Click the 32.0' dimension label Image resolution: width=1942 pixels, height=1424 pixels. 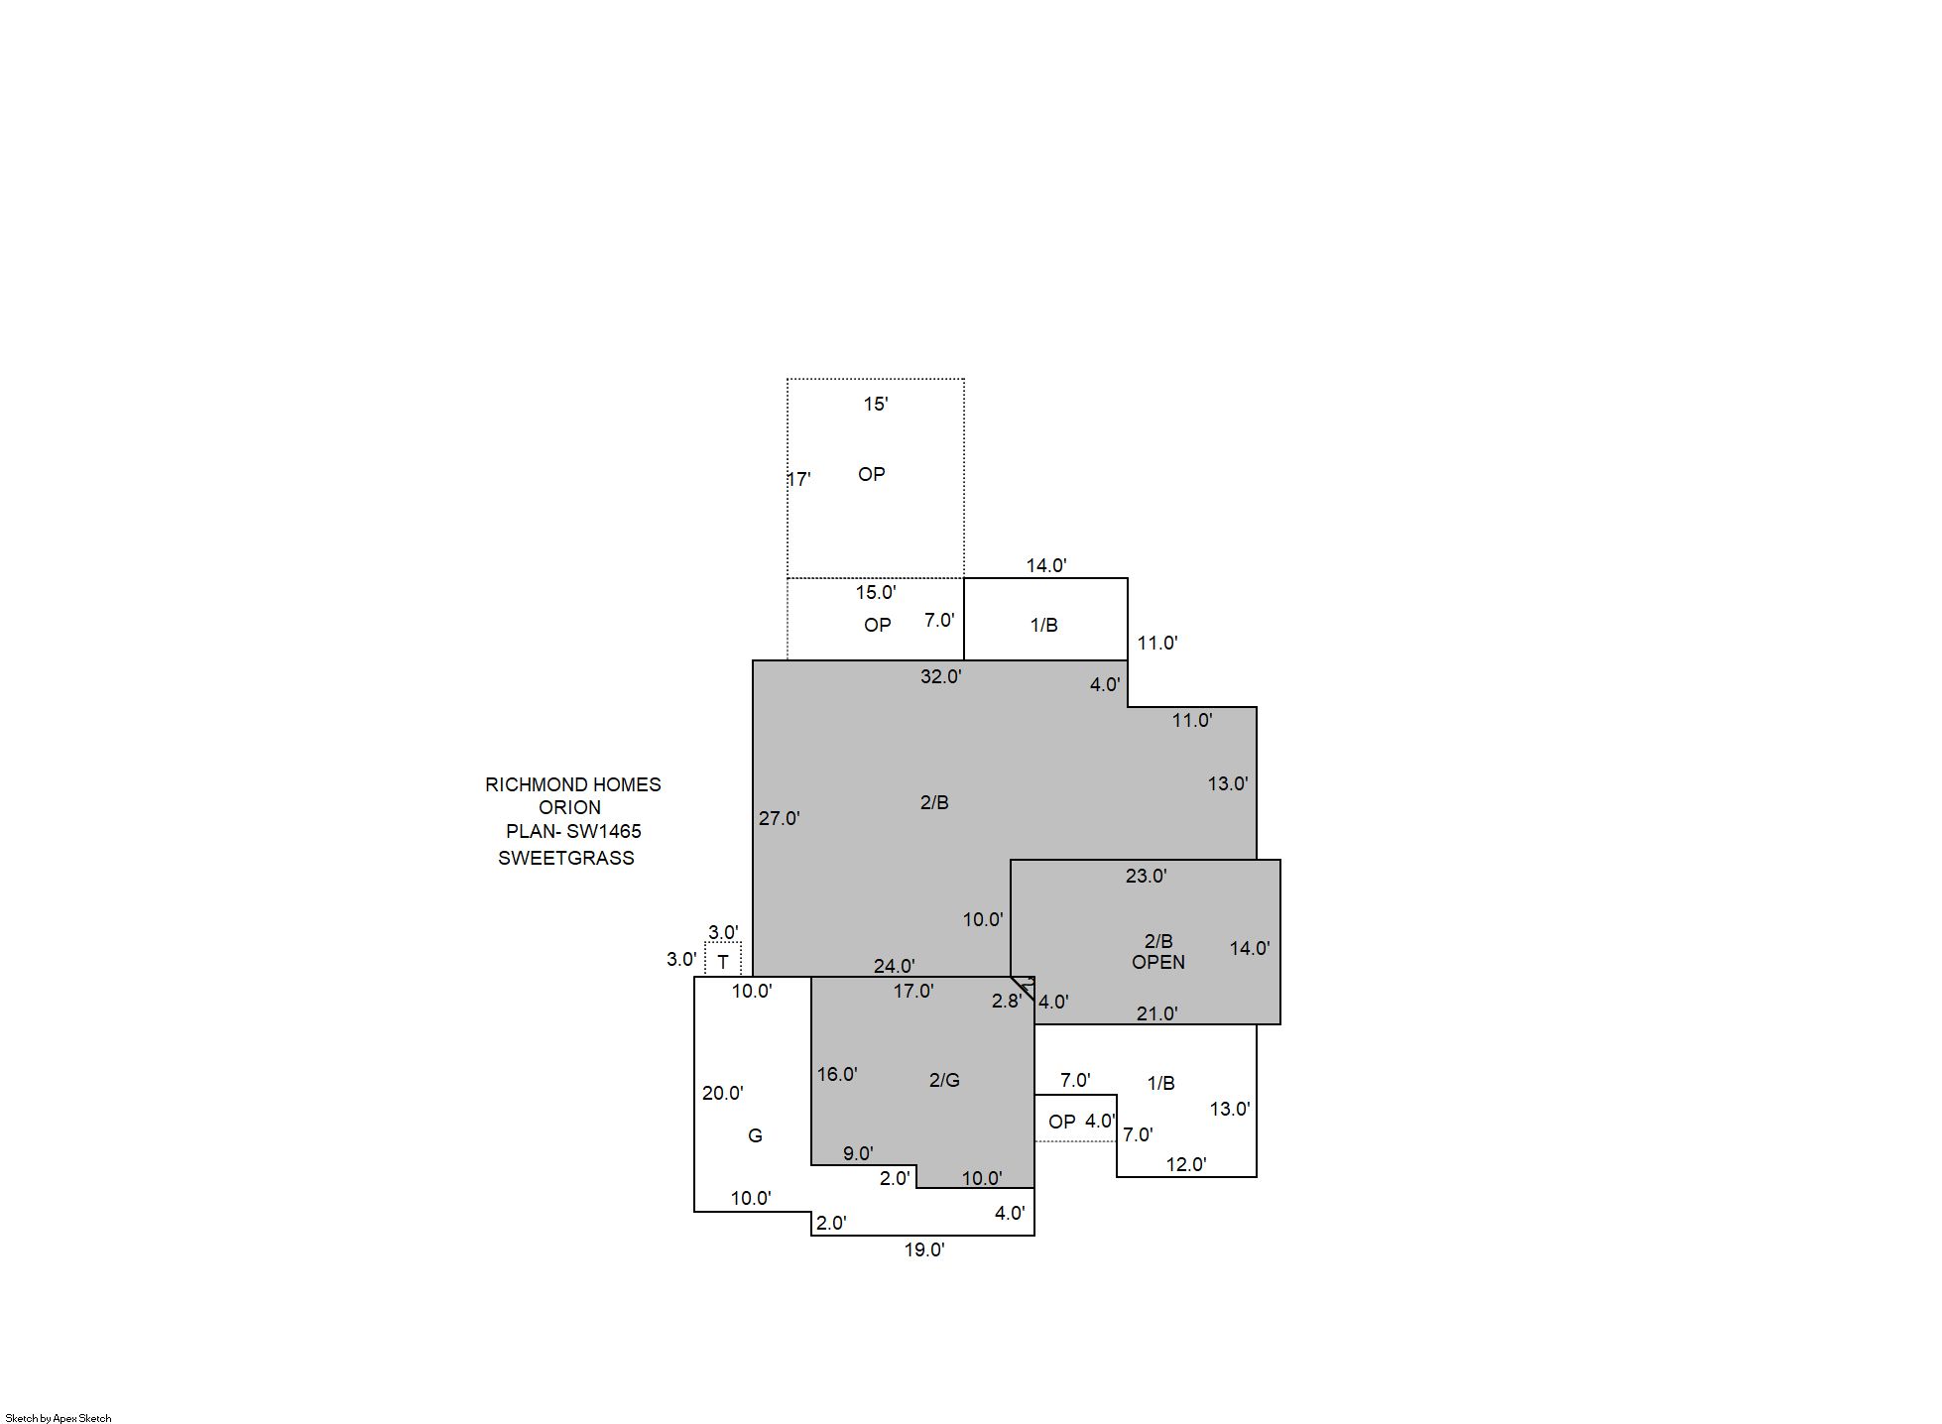point(940,676)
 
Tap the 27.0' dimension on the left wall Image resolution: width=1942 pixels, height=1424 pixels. point(779,818)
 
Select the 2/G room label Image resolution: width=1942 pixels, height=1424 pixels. point(944,1080)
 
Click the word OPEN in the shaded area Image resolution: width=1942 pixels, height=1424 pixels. point(1157,962)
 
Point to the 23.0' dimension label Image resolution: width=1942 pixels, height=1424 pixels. point(1146,876)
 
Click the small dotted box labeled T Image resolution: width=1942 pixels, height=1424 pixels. point(723,960)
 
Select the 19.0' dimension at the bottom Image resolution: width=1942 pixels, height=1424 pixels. point(923,1249)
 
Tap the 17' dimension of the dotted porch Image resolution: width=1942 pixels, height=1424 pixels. point(799,479)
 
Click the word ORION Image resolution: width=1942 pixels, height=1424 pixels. point(569,807)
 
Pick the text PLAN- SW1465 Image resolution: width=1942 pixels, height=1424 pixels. point(573,831)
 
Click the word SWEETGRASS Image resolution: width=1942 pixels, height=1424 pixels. point(565,858)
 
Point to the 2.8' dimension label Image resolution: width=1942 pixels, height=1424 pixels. point(1006,1001)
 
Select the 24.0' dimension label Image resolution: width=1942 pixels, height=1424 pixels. point(894,966)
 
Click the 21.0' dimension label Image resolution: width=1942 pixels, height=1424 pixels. point(1156,1013)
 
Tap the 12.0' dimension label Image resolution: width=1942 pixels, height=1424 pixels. point(1185,1164)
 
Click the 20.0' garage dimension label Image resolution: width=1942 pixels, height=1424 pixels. point(722,1093)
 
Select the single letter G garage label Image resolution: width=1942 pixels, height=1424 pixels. point(755,1135)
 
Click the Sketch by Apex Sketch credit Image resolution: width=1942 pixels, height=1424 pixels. point(59,1418)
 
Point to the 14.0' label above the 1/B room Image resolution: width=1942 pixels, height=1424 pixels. point(1045,565)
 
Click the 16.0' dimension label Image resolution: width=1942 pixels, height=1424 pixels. point(837,1074)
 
